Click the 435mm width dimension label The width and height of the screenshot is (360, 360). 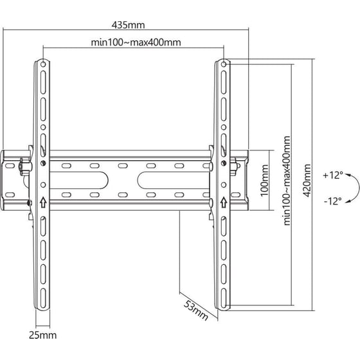(128, 25)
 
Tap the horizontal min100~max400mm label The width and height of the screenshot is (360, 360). (136, 42)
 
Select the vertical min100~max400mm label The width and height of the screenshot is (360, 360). (287, 181)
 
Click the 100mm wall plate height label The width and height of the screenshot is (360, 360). (265, 181)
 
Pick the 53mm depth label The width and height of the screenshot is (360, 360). (195, 310)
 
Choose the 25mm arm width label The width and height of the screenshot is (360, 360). (42, 335)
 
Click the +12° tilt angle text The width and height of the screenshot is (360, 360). (333, 175)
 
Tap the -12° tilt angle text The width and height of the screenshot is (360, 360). (333, 201)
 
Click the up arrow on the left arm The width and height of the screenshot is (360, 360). (43, 203)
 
